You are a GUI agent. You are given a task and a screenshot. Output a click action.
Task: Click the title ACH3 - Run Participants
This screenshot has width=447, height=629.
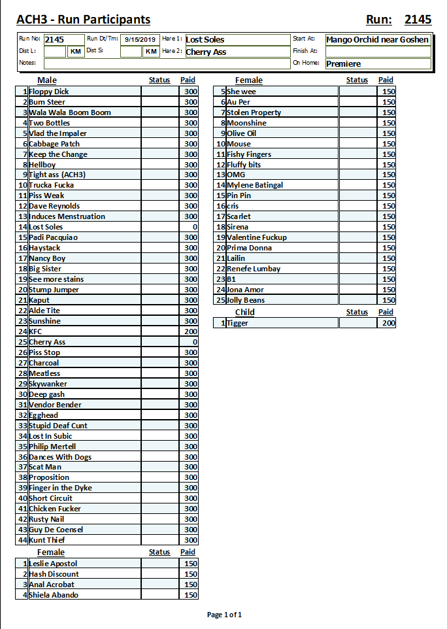point(83,20)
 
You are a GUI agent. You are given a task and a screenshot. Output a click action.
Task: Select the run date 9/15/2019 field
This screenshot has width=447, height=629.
point(141,40)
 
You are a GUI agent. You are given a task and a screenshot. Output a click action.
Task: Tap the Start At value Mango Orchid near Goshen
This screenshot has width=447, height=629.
point(378,40)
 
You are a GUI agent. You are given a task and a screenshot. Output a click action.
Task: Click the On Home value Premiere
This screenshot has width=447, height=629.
point(344,64)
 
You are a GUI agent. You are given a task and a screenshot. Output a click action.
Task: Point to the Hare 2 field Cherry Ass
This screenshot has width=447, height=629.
point(207,52)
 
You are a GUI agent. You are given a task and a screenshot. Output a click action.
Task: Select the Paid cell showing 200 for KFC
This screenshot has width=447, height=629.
point(190,331)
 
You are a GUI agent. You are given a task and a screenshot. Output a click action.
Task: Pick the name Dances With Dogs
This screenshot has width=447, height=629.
point(60,457)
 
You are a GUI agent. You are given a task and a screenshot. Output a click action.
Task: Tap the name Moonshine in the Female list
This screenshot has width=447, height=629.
point(246,123)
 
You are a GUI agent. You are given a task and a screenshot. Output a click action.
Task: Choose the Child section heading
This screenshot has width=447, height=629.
point(244,312)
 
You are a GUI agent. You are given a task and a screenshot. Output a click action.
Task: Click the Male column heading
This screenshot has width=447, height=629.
point(47,80)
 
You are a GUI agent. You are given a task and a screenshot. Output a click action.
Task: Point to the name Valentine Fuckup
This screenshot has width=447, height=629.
point(257,237)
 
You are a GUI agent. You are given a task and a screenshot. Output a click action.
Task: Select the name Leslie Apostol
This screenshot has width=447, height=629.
point(53,564)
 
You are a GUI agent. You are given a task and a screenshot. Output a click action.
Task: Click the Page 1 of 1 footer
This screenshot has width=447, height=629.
point(224,615)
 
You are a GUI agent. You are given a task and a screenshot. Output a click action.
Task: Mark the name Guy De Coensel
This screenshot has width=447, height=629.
point(56,530)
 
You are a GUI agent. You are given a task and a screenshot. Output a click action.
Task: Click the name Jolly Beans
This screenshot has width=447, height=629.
point(246,300)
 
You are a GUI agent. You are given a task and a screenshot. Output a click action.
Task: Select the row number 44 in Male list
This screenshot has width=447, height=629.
point(23,540)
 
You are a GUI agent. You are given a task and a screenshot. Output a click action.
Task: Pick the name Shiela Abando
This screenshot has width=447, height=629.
point(54,595)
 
